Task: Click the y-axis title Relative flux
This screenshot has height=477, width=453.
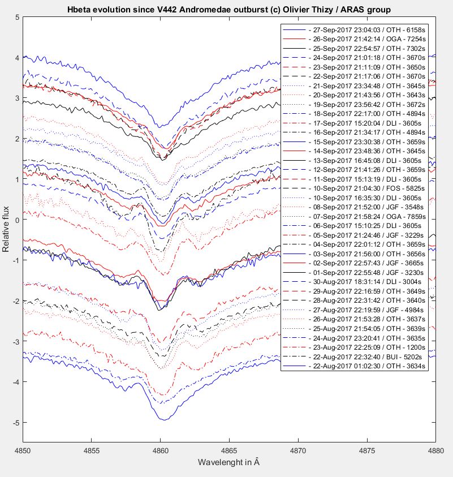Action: point(6,229)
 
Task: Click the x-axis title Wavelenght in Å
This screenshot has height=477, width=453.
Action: point(228,462)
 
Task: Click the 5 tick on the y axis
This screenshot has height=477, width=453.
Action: point(17,18)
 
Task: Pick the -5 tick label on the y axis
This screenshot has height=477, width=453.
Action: point(15,423)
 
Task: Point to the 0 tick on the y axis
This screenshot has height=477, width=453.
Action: point(17,220)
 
